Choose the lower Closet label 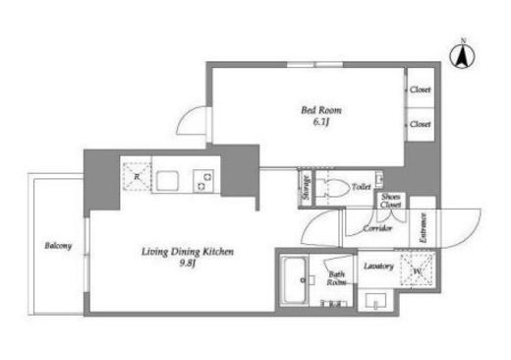(x=421, y=124)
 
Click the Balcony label (x=57, y=246)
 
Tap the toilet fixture (x=336, y=189)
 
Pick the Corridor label (x=378, y=228)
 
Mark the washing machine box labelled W (x=419, y=269)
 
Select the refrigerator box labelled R (x=134, y=179)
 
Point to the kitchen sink (x=166, y=181)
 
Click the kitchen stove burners (x=204, y=181)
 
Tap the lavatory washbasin (x=374, y=300)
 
